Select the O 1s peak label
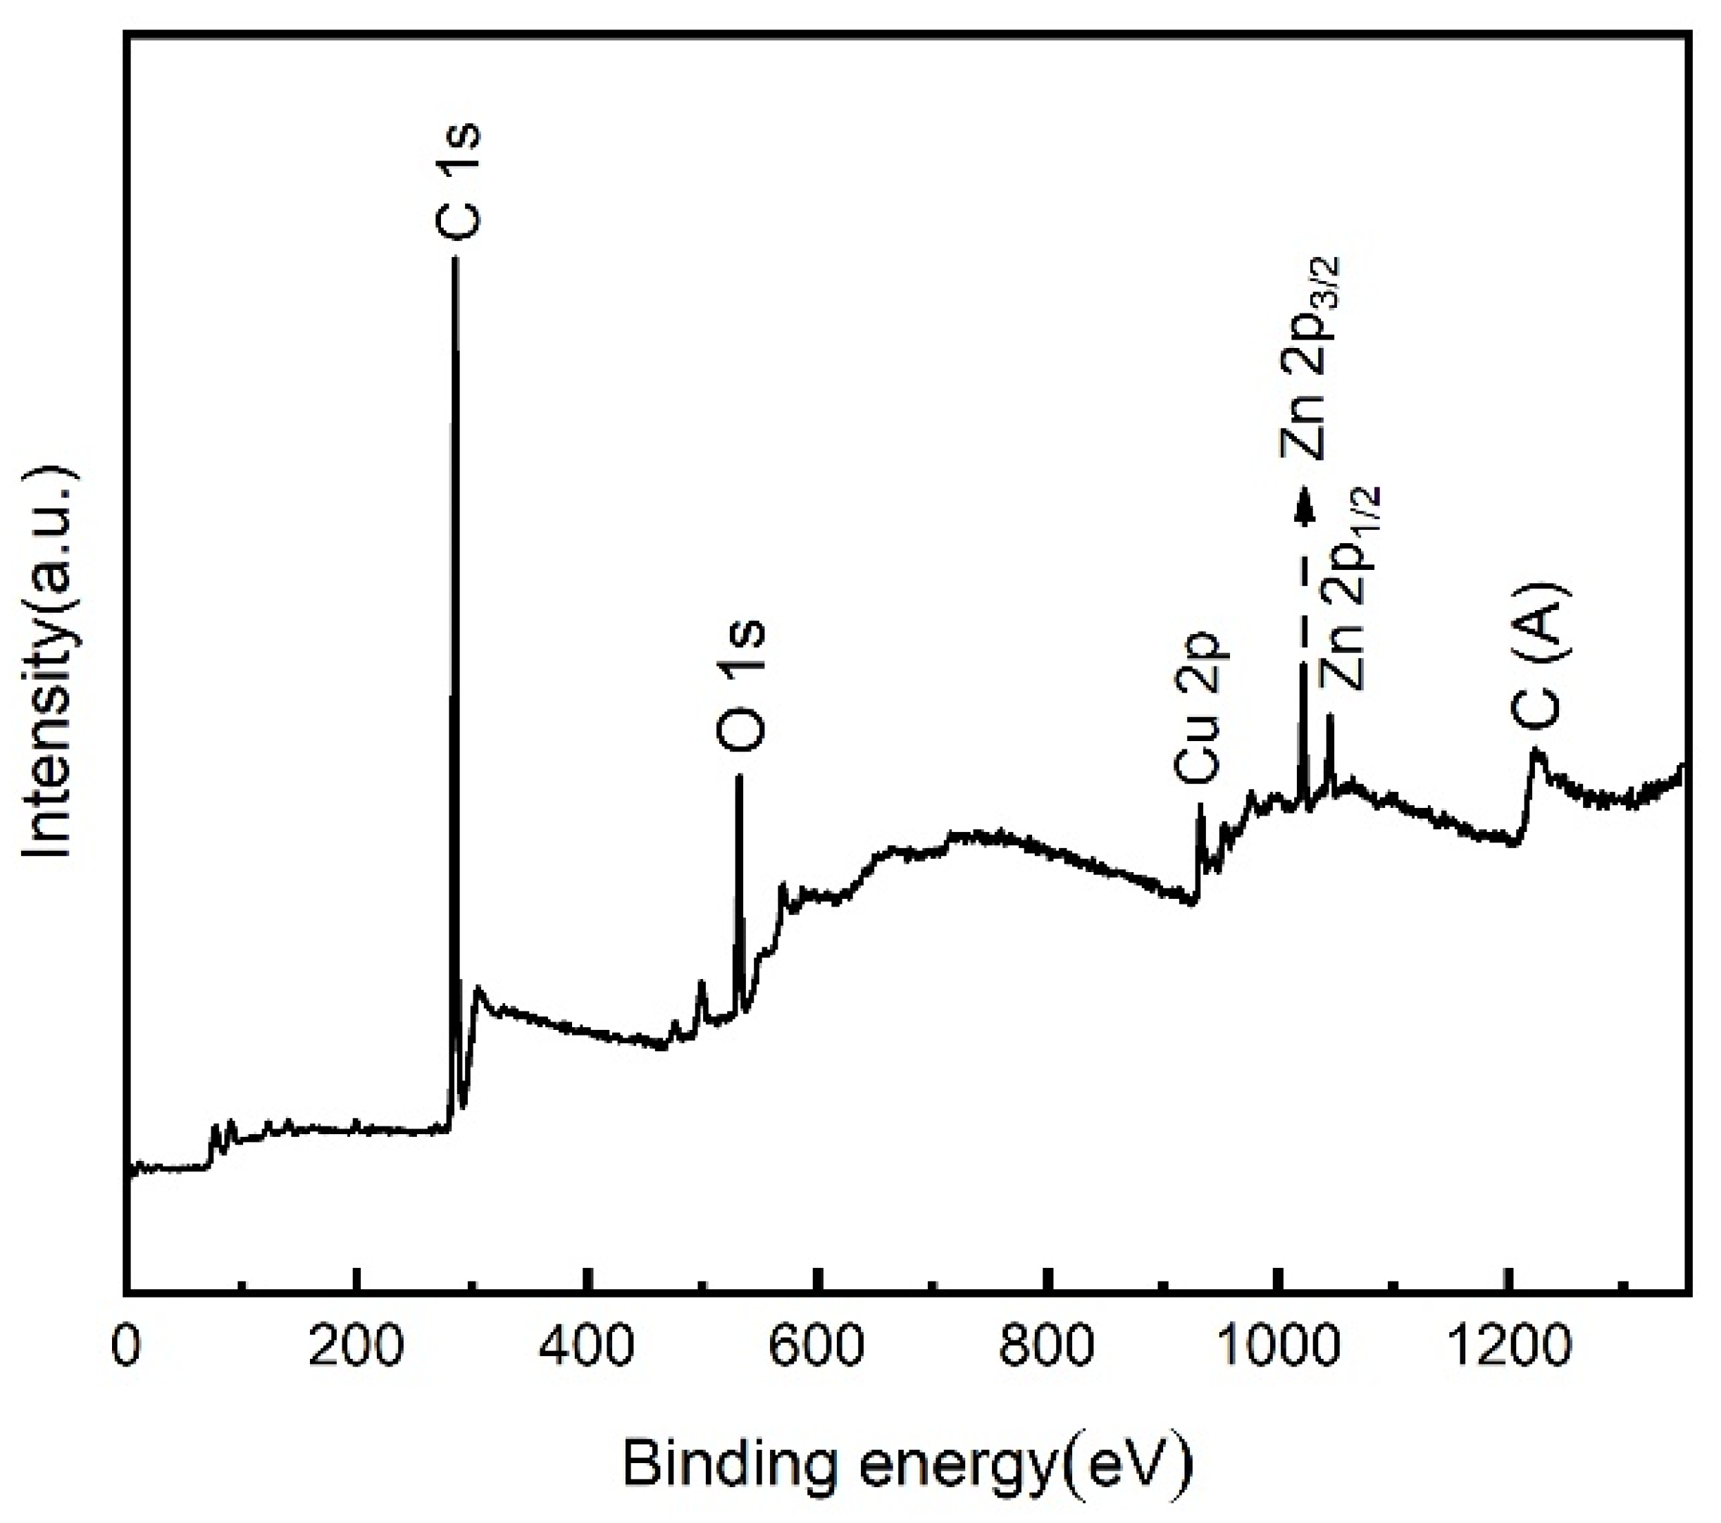[x=741, y=686]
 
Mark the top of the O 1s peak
[x=738, y=776]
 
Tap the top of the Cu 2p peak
[x=1200, y=806]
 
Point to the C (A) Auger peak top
[x=1536, y=750]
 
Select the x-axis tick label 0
[x=126, y=1347]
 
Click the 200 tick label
[x=357, y=1347]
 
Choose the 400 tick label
[x=588, y=1347]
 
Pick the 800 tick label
[x=1048, y=1347]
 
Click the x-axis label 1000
[x=1278, y=1347]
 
